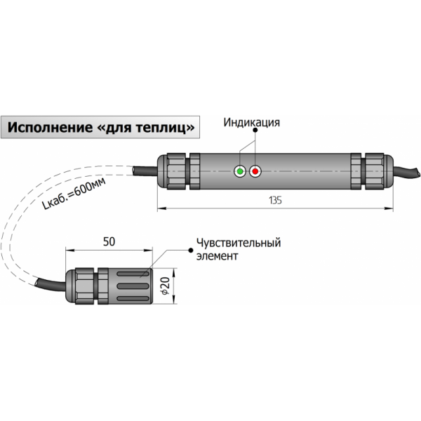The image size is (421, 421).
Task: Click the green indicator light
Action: pos(241,171)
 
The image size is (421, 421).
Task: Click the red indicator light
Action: pos(255,171)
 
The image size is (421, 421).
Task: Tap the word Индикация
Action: pos(252,123)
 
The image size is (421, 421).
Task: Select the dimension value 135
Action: pos(275,201)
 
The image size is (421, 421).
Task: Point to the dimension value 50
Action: pos(109,241)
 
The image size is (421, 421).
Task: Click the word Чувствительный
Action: pos(239,243)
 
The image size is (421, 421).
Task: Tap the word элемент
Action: pos(218,256)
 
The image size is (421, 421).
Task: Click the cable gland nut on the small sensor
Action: pos(84,286)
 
